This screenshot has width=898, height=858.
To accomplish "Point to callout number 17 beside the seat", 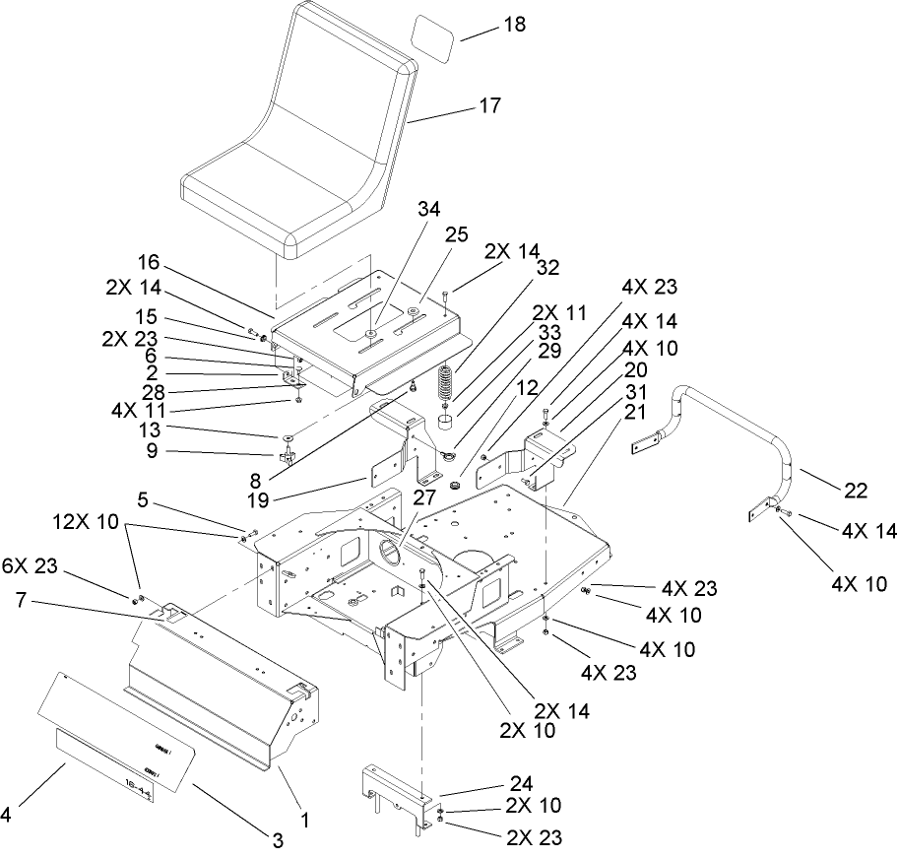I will tap(489, 104).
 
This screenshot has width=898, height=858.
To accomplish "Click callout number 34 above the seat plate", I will tap(374, 209).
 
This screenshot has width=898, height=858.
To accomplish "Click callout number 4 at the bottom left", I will tap(6, 814).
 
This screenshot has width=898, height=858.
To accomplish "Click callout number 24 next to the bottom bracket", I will tap(521, 784).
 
